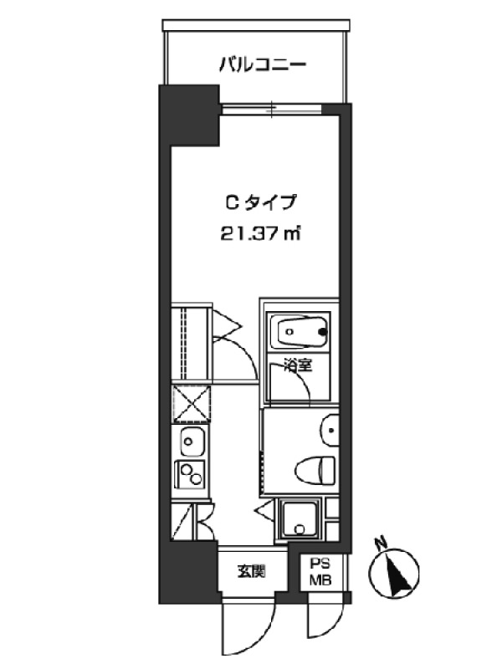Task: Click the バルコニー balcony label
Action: pos(263,65)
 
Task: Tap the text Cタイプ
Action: pos(260,202)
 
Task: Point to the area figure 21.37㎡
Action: pos(260,233)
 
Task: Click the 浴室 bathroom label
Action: pos(299,365)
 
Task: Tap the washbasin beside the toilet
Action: pos(330,430)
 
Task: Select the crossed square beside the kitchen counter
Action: pos(192,404)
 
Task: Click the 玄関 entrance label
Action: pos(252,571)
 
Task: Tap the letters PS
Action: pos(320,564)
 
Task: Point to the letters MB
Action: pos(320,580)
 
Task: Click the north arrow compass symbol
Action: pos(393,572)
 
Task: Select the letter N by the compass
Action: pos(379,543)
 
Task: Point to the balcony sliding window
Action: pos(271,109)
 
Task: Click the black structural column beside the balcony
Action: pos(189,115)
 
